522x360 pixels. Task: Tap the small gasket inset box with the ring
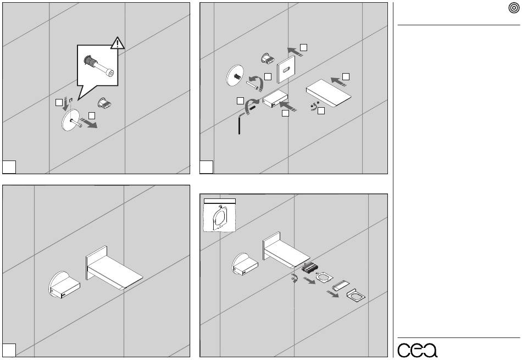[x=219, y=216]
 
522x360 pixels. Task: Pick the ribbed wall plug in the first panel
[x=104, y=103]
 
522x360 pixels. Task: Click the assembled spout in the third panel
[x=112, y=272]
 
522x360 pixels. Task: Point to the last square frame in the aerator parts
[x=355, y=297]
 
